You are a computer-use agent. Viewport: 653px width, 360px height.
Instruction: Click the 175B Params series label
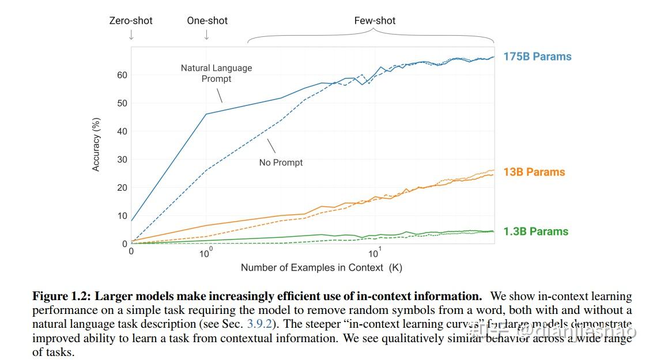[537, 56]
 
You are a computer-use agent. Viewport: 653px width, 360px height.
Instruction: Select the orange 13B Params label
[534, 172]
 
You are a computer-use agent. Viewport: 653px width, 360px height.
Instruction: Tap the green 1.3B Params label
[535, 232]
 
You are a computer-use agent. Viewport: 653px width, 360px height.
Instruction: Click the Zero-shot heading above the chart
[131, 21]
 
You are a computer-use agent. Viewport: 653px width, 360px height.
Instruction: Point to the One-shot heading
[207, 21]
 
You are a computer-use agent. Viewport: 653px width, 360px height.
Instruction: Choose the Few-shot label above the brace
[375, 21]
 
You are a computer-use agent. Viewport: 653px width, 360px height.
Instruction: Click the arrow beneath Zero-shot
[131, 36]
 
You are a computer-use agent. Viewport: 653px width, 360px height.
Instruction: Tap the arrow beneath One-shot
[207, 36]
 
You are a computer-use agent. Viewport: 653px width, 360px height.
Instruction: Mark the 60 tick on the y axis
[122, 75]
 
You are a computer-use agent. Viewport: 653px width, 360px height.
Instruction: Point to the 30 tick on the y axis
[122, 160]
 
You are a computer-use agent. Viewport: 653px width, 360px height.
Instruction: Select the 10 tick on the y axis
[122, 216]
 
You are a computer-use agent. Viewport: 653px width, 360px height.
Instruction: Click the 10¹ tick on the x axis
[374, 253]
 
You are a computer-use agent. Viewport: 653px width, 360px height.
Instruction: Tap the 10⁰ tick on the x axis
[206, 253]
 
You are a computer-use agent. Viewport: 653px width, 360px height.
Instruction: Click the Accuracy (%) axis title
[96, 144]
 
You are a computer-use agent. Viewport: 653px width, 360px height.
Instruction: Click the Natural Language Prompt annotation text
[216, 73]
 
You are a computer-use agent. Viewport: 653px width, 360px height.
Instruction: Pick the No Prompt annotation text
[281, 162]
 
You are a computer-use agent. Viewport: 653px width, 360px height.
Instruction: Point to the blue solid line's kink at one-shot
[206, 114]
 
